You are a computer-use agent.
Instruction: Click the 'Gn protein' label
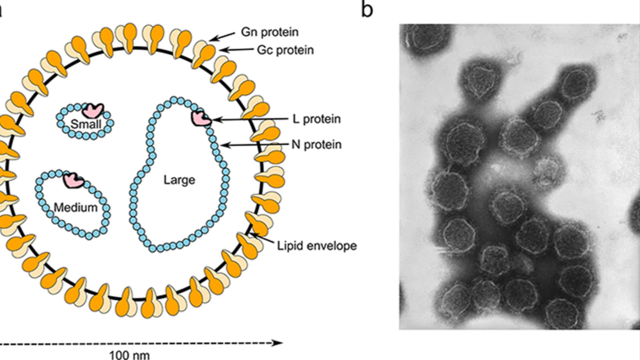269,32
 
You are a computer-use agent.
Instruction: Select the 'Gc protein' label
285,50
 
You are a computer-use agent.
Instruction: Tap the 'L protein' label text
316,119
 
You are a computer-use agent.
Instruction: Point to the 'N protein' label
316,145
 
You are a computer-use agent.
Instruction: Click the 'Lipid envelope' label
317,246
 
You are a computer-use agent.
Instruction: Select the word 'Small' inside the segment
86,124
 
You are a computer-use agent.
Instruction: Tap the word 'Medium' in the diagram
76,208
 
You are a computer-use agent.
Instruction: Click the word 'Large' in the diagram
179,180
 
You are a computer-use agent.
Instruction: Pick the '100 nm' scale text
130,355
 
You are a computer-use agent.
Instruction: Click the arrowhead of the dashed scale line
278,343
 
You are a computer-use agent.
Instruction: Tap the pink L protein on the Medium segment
74,180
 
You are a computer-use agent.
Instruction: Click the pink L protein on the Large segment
200,119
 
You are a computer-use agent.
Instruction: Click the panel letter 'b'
367,10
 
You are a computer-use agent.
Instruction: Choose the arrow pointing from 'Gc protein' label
237,50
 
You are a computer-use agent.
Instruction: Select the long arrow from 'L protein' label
250,119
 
